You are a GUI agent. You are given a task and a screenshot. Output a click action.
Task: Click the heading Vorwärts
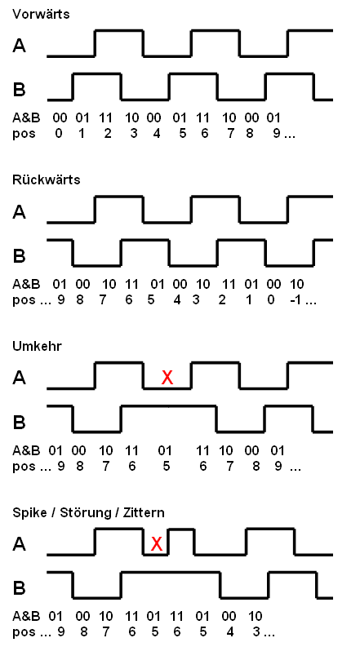[x=41, y=14]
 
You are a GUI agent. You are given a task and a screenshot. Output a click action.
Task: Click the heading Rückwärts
[x=47, y=179]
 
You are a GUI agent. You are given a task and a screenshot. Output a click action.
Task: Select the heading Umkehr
[x=37, y=346]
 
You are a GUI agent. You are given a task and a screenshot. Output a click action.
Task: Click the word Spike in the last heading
[x=31, y=513]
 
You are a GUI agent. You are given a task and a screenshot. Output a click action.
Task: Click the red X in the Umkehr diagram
[x=167, y=378]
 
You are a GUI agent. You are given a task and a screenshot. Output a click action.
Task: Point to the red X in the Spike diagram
[x=156, y=544]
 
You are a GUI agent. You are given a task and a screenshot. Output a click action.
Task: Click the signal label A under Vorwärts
[x=20, y=46]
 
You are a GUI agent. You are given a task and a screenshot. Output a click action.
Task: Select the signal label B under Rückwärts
[x=20, y=255]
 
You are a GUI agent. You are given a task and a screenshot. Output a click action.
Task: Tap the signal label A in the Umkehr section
[x=20, y=378]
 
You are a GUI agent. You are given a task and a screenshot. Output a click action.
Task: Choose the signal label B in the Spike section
[x=20, y=587]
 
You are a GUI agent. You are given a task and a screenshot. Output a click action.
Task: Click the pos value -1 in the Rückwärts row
[x=298, y=300]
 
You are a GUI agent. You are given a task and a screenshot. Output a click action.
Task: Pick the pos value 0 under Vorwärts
[x=59, y=134]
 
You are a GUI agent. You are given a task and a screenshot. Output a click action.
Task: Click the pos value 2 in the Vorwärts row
[x=108, y=134]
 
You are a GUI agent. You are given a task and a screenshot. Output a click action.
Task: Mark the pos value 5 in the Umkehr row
[x=166, y=467]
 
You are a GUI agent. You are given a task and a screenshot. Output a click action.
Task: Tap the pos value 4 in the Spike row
[x=229, y=632]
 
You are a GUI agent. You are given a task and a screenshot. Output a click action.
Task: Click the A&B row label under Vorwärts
[x=26, y=117]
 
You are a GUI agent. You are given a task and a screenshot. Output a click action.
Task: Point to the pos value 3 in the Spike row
[x=256, y=632]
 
